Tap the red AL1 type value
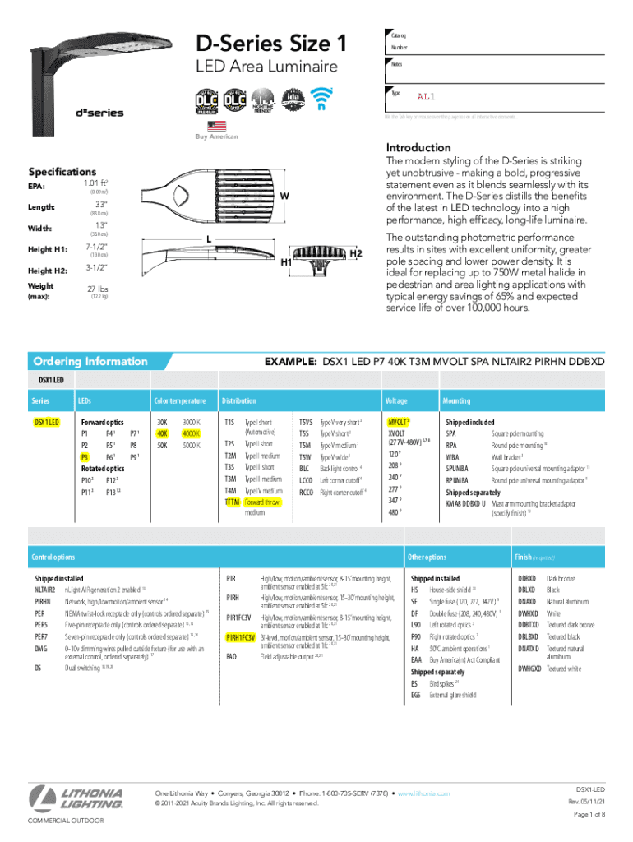(x=426, y=96)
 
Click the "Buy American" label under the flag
(x=216, y=136)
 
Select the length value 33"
(x=102, y=205)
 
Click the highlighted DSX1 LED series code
(x=46, y=422)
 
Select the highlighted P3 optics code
(x=84, y=456)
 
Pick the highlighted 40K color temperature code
(x=162, y=433)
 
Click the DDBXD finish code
(x=527, y=579)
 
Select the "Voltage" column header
(x=395, y=400)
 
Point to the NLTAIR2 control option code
(x=45, y=590)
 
